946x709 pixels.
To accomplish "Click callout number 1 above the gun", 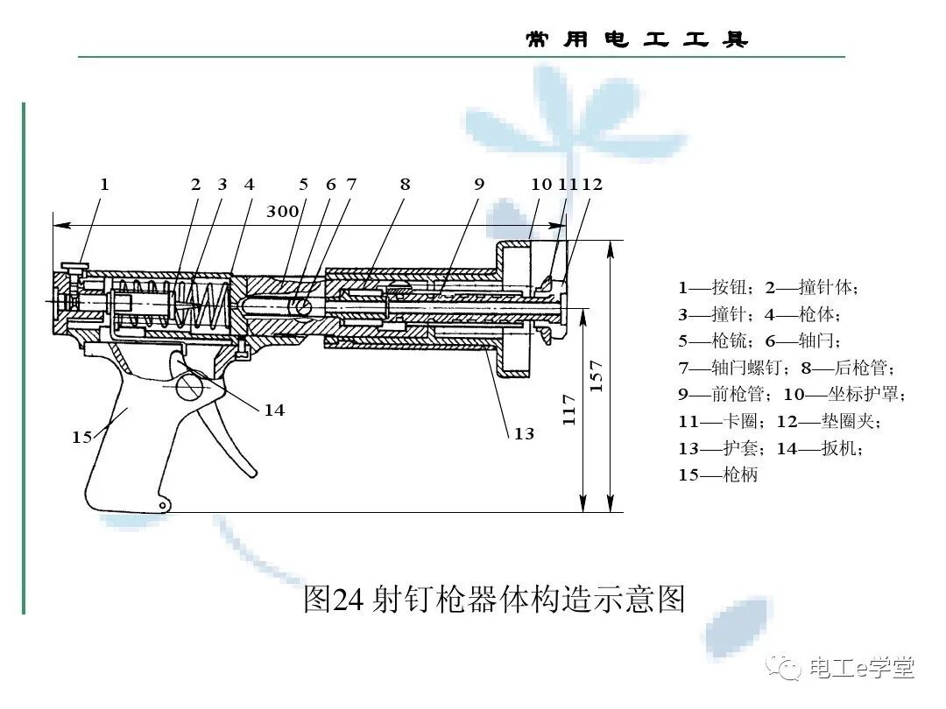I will pos(104,185).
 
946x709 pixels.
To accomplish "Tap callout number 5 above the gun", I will pos(303,185).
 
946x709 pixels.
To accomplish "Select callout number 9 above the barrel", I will pos(479,185).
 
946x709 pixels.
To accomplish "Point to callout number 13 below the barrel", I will pos(524,433).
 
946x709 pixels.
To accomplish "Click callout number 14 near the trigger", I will pos(274,410).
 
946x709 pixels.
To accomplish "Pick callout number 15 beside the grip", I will pos(81,437).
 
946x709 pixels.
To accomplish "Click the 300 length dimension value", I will pos(283,212).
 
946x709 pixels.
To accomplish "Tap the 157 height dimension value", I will pos(597,376).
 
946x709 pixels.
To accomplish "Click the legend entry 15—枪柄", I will pos(717,475).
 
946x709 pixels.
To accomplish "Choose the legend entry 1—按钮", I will pos(715,287).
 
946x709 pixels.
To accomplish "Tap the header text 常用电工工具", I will pos(637,40).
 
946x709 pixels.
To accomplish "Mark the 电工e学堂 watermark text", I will pos(863,668).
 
